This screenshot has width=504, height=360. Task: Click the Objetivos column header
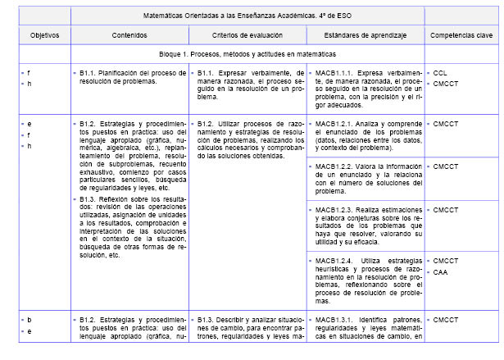39,35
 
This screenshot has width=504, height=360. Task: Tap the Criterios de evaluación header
247,35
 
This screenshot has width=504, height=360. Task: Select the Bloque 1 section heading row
246,54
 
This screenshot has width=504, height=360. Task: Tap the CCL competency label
440,72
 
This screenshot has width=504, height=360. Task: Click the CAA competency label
440,271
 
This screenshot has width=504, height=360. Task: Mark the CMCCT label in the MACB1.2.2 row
446,166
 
